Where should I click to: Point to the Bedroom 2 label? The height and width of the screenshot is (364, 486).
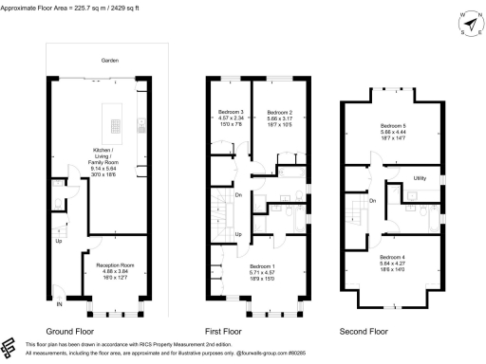278,112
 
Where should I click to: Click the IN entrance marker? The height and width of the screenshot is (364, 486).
58,306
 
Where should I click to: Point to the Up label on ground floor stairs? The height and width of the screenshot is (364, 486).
58,241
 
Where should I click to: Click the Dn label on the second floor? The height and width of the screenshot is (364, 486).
373,200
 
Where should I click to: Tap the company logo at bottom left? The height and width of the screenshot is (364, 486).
9,346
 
